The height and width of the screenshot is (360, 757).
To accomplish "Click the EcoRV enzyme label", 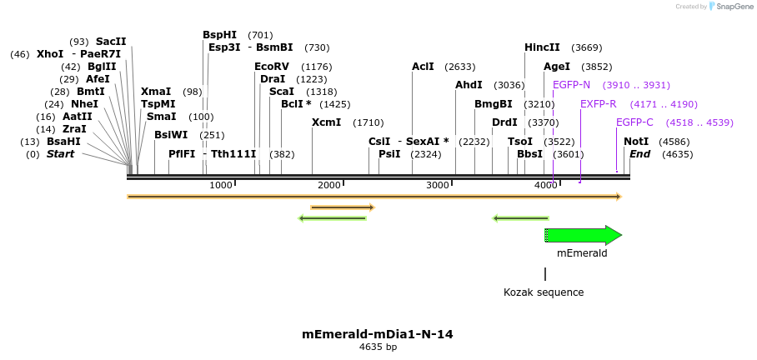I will pyautogui.click(x=271, y=67).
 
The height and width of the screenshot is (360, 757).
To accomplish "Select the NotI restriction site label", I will pyautogui.click(x=636, y=142).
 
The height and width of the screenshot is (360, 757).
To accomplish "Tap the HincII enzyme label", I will pyautogui.click(x=542, y=47).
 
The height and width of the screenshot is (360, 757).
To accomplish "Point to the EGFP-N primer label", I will pyautogui.click(x=571, y=85).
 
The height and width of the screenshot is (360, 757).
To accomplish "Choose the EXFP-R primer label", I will pyautogui.click(x=598, y=104).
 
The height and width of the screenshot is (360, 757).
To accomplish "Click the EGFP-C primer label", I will pyautogui.click(x=634, y=122).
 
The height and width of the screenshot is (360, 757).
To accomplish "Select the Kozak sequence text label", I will pyautogui.click(x=544, y=292).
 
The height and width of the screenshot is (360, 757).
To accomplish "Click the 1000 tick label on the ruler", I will pyautogui.click(x=220, y=185).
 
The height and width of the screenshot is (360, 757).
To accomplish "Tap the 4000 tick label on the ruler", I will pyautogui.click(x=545, y=185).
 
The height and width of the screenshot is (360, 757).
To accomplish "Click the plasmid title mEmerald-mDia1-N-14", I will pyautogui.click(x=378, y=334).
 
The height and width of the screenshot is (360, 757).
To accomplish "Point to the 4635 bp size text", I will pyautogui.click(x=378, y=347).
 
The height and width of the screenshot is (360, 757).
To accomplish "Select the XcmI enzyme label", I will pyautogui.click(x=326, y=122).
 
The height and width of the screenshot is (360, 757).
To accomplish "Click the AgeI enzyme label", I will pyautogui.click(x=557, y=67).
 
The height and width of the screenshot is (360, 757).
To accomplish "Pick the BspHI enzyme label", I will pyautogui.click(x=219, y=35).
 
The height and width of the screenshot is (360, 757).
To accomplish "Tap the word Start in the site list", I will pyautogui.click(x=60, y=154).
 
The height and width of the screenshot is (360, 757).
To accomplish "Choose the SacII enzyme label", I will pyautogui.click(x=111, y=42).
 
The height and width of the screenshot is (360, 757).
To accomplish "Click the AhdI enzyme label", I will pyautogui.click(x=469, y=85).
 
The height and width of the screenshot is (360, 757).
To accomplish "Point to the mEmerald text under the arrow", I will pyautogui.click(x=582, y=252).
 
